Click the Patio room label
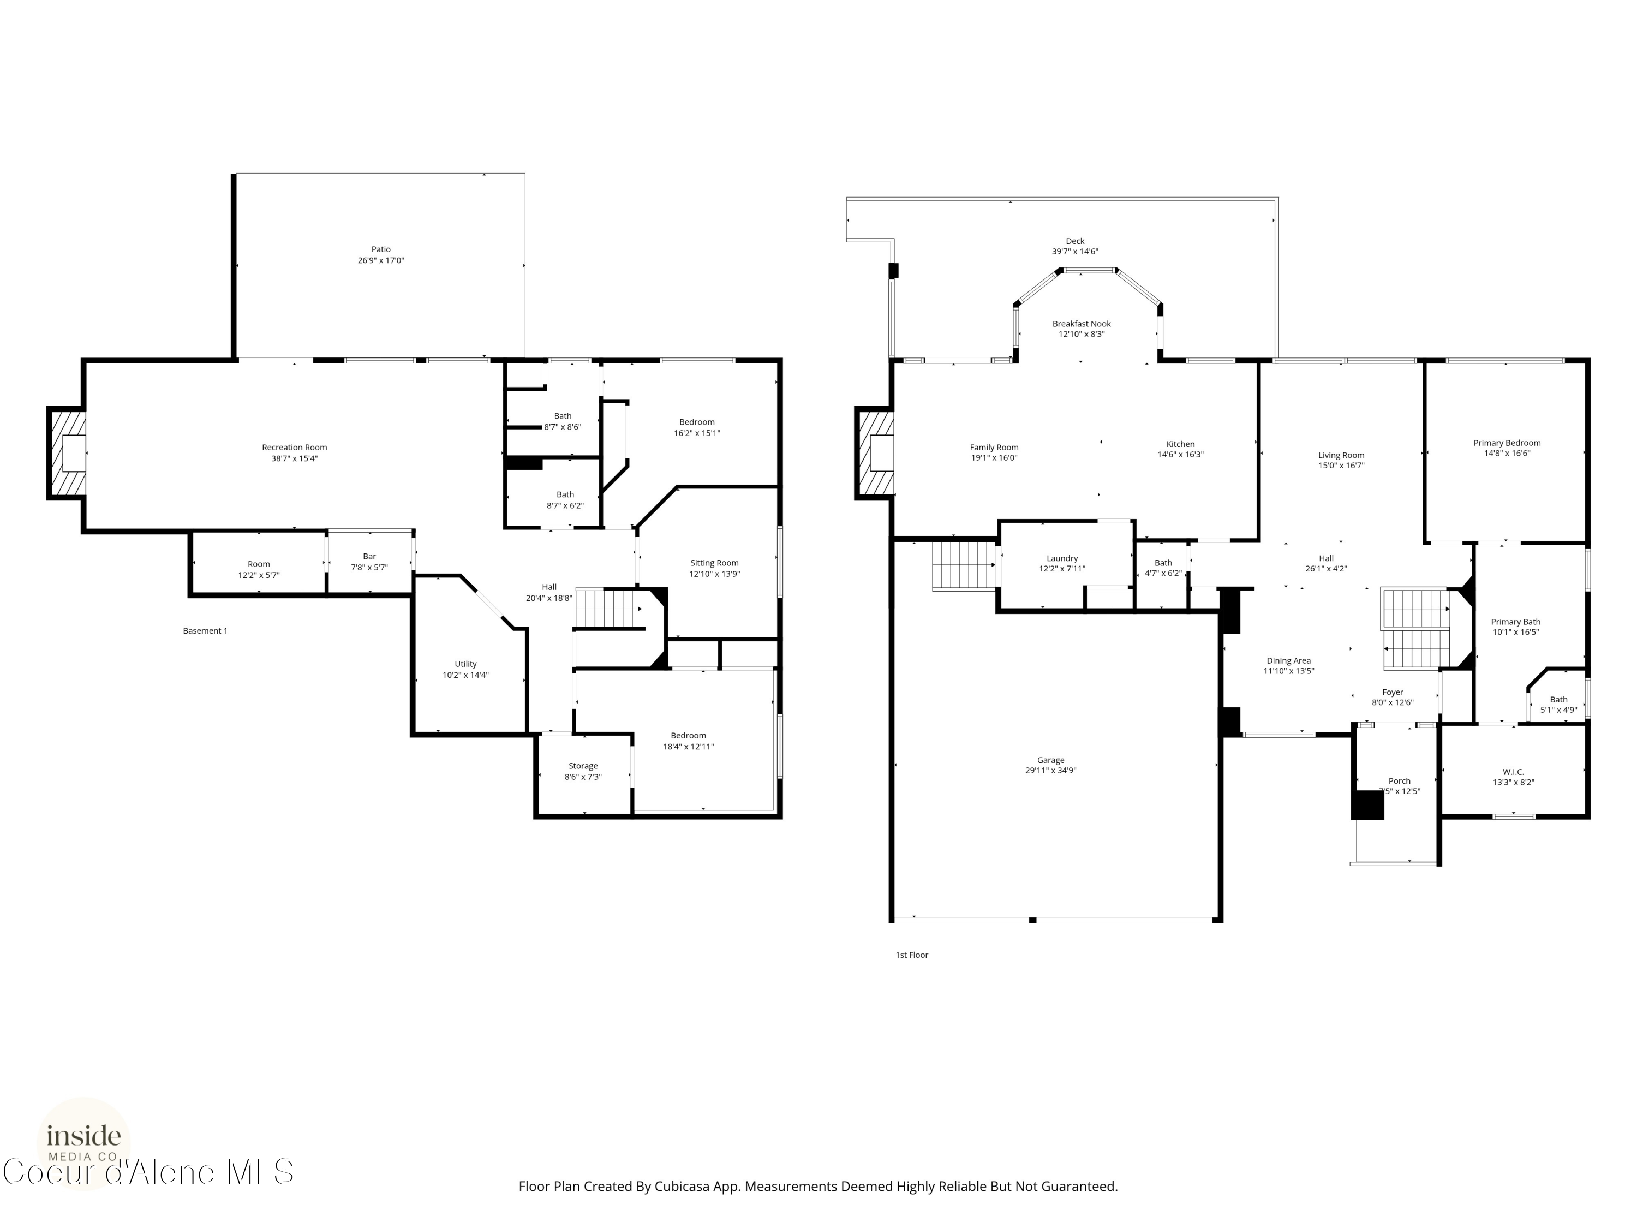[381, 249]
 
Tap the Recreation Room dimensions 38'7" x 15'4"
[295, 458]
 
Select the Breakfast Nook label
[1081, 324]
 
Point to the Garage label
[1050, 760]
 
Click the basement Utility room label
[465, 664]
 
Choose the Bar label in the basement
[369, 556]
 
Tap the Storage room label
[583, 766]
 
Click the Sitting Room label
[714, 563]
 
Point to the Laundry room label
[1062, 558]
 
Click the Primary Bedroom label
[1507, 443]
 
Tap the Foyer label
[1393, 692]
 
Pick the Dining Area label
[1288, 660]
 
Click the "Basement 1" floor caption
[205, 631]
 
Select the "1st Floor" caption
[912, 955]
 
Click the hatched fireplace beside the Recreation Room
[67, 453]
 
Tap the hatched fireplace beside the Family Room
[875, 453]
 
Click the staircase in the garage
[964, 565]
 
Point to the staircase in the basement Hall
[609, 609]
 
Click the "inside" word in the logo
[83, 1135]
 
